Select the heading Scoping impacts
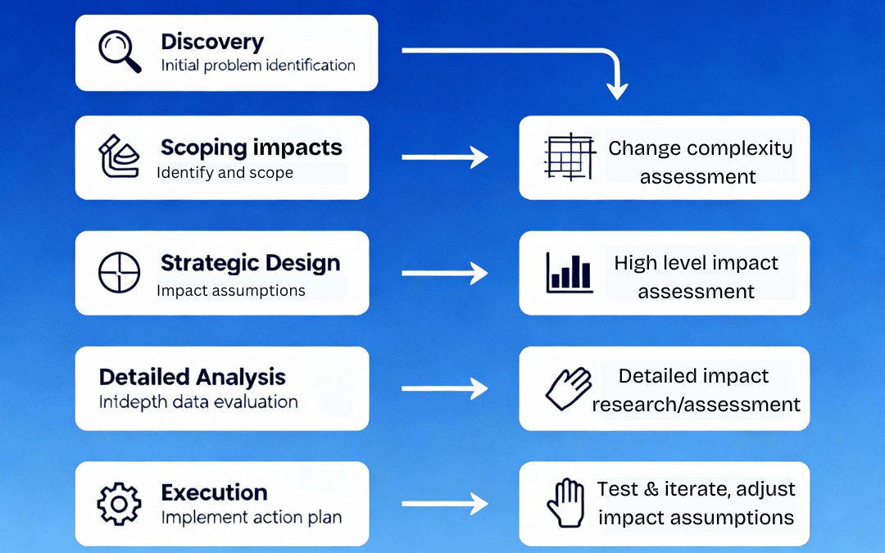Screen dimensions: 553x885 (251, 147)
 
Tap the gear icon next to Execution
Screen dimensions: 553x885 (120, 503)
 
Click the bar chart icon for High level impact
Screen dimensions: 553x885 (570, 273)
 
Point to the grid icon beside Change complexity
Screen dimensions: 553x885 (570, 157)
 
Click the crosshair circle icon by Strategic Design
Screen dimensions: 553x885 (120, 273)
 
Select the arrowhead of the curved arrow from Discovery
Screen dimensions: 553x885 (617, 89)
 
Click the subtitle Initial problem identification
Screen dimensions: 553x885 (258, 66)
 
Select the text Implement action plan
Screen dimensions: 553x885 (251, 518)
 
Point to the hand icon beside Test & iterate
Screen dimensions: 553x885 (565, 502)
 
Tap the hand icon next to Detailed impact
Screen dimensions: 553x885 (569, 388)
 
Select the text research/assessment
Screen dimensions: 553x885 (696, 404)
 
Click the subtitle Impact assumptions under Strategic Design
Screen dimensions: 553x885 (230, 291)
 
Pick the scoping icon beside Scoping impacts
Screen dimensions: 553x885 (120, 156)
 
